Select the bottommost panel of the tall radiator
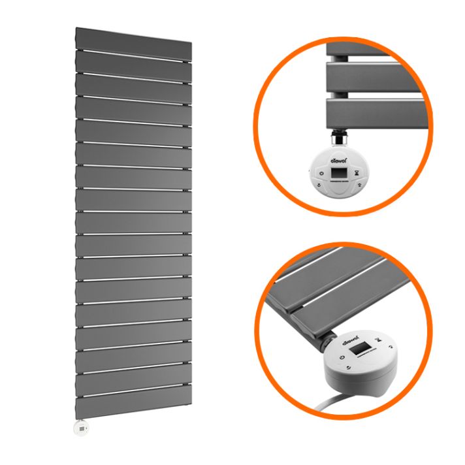coord(133,406)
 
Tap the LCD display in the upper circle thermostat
coord(339,172)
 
